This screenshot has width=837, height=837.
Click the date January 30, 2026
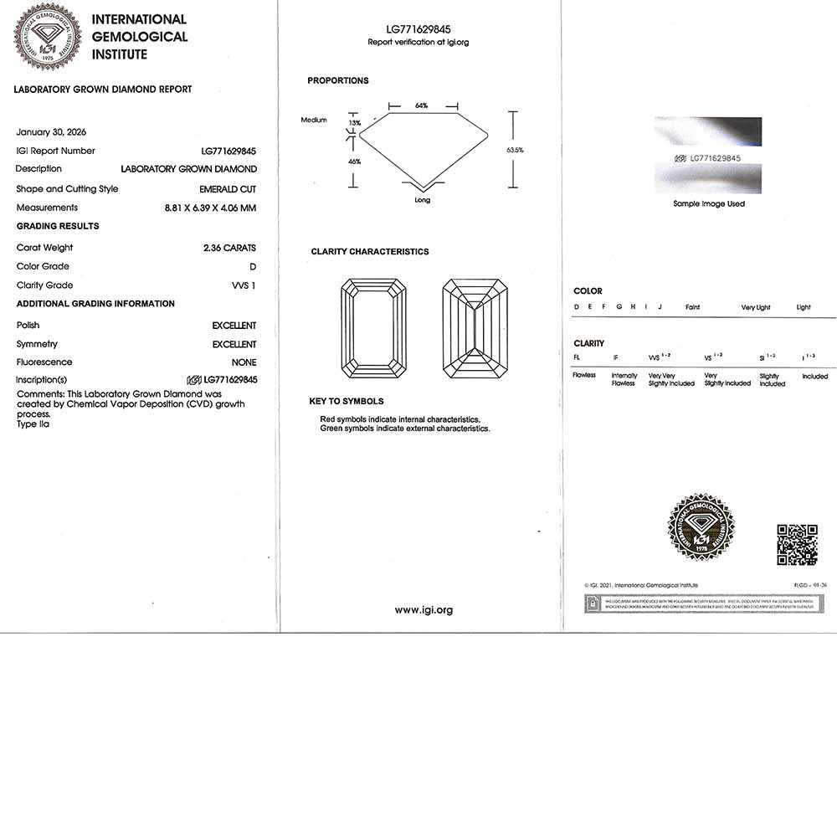point(51,132)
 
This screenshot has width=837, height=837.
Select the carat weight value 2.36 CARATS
point(229,248)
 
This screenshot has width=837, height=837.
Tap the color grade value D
point(253,267)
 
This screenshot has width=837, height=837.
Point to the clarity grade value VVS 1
point(244,285)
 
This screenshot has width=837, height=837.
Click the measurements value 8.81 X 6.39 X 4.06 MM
point(210,208)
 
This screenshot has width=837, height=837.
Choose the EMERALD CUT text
point(228,189)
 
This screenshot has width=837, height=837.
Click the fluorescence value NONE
point(244,362)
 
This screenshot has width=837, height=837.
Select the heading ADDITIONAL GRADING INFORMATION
point(95,304)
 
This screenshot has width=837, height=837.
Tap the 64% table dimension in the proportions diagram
point(421,105)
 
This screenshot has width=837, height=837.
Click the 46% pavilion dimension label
point(354,162)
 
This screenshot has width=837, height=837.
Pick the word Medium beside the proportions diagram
point(314,121)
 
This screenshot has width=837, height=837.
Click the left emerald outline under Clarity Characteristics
point(373,328)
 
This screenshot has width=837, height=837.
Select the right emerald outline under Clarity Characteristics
point(475,328)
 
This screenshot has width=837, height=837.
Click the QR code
point(797,545)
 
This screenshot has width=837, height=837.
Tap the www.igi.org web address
point(424,610)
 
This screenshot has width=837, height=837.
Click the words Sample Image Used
point(709,203)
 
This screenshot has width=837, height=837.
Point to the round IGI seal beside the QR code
point(701,527)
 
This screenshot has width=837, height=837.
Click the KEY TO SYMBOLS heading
point(347,402)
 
